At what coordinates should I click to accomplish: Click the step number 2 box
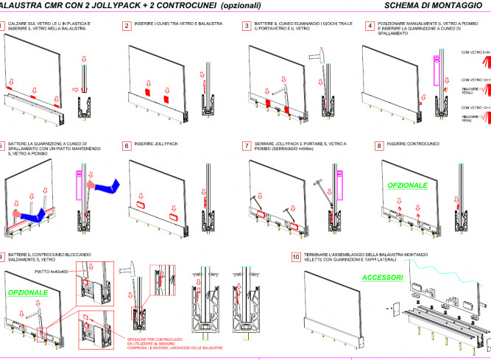126,25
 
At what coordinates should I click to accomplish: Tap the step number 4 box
369,25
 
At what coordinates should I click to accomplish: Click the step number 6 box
126,146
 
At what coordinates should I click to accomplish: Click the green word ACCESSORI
382,278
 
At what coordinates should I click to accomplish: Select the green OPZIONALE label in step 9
28,292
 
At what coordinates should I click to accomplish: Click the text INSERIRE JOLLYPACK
157,146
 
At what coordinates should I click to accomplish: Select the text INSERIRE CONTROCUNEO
412,145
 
